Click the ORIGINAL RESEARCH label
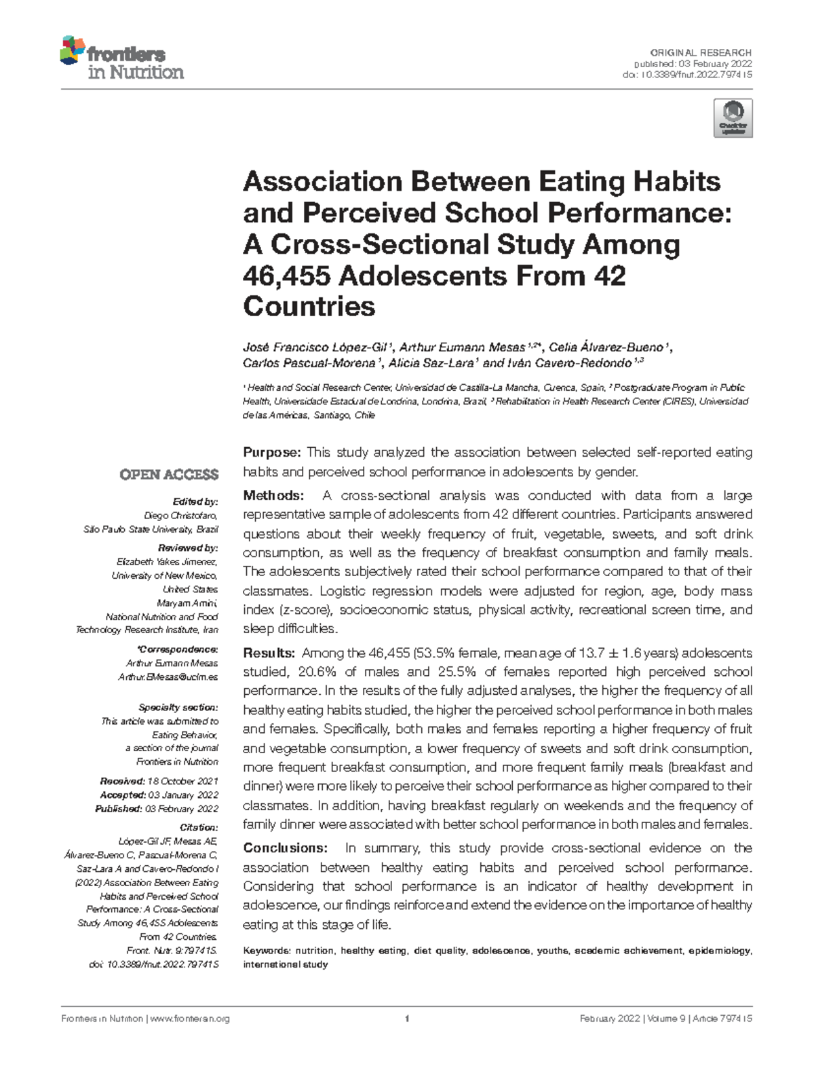click(701, 53)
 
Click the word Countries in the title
click(309, 307)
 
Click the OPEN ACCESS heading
click(169, 474)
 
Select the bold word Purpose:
click(271, 453)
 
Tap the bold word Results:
click(269, 653)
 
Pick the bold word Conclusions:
click(285, 848)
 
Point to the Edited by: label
click(195, 501)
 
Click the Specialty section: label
click(178, 707)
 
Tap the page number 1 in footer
click(406, 1019)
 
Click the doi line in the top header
click(686, 75)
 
